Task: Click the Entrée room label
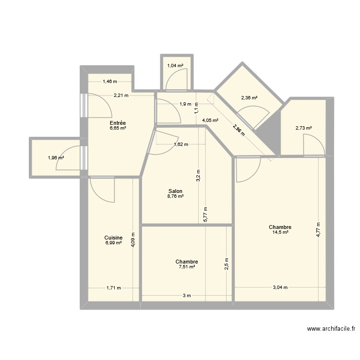117,123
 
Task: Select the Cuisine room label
113,238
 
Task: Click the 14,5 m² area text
280,232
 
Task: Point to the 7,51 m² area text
186,267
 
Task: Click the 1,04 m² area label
175,66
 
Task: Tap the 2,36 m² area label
249,98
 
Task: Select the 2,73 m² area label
303,128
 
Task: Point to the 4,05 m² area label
210,120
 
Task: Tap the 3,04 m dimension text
280,288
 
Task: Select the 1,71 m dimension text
113,288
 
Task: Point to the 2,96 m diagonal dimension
239,130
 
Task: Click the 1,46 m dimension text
109,82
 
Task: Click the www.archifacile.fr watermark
331,329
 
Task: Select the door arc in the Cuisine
104,189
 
